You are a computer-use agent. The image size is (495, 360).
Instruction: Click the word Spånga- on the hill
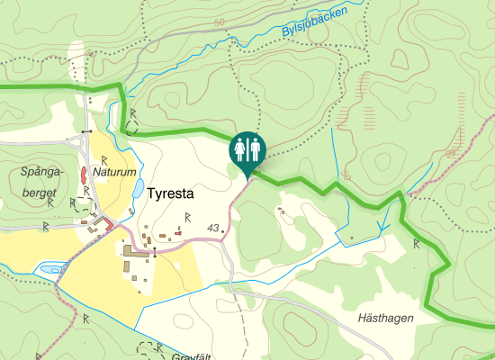(x=39, y=170)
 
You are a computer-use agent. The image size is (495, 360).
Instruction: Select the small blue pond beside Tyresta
(x=137, y=189)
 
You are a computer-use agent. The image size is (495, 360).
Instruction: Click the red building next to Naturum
(x=83, y=174)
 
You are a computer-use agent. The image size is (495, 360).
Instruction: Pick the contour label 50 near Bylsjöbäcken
(x=220, y=21)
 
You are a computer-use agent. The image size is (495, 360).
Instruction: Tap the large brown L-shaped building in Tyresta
(x=134, y=256)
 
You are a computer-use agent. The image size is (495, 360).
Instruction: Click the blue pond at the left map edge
(x=49, y=268)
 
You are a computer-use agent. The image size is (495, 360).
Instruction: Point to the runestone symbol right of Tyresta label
(x=188, y=216)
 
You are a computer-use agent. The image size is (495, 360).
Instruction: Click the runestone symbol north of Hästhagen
(x=417, y=243)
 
